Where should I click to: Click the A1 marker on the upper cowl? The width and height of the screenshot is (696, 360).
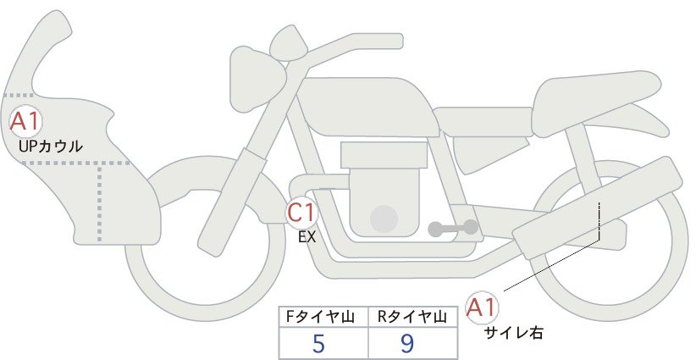(x=25, y=122)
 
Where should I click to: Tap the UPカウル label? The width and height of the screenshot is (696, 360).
(x=51, y=146)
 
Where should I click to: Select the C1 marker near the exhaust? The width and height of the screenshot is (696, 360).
(x=301, y=212)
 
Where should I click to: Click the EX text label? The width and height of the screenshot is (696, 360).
(x=307, y=237)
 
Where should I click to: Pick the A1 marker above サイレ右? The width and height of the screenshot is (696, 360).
(x=482, y=307)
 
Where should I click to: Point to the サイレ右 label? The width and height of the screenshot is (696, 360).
(x=513, y=333)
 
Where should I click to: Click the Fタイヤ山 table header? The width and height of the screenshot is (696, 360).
(x=320, y=317)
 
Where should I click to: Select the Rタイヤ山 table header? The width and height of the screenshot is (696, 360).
(x=412, y=317)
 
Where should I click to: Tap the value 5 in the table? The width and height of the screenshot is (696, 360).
(x=318, y=343)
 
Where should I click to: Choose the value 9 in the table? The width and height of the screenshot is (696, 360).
(x=406, y=343)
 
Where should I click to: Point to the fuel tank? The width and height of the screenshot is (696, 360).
(x=366, y=107)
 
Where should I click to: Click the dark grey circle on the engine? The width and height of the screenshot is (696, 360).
(x=384, y=219)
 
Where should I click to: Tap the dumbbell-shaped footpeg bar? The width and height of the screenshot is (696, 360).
(x=453, y=228)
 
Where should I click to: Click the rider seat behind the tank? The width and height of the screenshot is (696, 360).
(x=483, y=122)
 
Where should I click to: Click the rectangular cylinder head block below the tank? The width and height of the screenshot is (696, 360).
(x=384, y=155)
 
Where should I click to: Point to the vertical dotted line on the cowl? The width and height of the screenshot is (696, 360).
(x=99, y=202)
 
